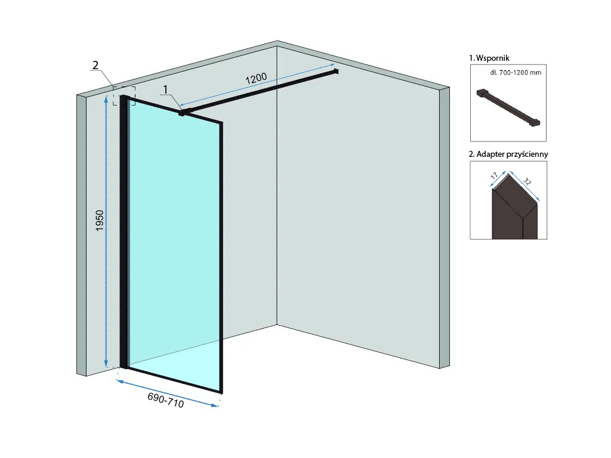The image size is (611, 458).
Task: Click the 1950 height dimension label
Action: point(100,221)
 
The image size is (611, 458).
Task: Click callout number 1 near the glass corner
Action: point(166,90)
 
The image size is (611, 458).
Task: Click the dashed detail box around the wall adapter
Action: point(124,96)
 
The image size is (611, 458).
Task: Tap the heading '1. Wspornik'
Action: point(489,58)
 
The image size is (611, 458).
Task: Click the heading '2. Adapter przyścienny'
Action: point(508,154)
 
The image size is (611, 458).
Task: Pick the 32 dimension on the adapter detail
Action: point(527,181)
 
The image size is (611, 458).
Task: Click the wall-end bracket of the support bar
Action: point(336,72)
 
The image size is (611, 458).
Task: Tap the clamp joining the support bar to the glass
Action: point(182,112)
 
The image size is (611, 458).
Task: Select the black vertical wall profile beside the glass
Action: point(124,233)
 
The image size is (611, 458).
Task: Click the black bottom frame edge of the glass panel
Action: point(173,380)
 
